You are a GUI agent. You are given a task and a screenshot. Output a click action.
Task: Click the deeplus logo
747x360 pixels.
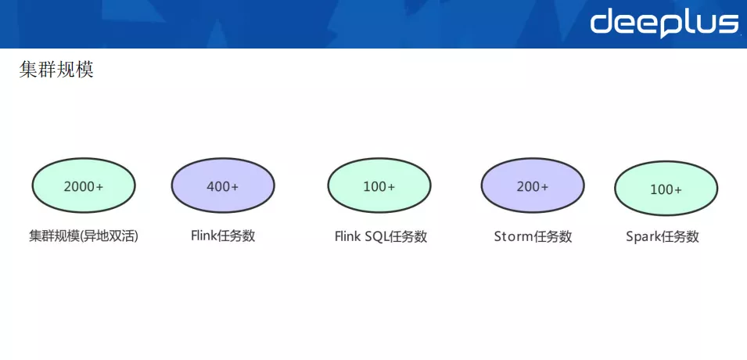(x=664, y=23)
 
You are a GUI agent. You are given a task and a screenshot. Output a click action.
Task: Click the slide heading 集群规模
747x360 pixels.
(x=56, y=70)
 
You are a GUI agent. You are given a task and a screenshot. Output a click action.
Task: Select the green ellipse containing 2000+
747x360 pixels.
(x=84, y=185)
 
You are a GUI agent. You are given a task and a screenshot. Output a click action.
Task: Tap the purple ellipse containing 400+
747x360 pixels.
(x=223, y=185)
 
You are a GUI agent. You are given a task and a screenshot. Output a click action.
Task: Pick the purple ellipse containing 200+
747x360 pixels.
(x=533, y=185)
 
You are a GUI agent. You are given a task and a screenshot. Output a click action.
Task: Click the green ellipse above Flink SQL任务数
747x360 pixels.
(x=379, y=185)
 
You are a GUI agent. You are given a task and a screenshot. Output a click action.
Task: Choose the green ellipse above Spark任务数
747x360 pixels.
(x=666, y=189)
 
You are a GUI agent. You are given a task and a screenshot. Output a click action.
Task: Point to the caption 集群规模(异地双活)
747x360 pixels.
(x=84, y=236)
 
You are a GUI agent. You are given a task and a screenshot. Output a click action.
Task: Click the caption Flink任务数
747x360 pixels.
(x=223, y=236)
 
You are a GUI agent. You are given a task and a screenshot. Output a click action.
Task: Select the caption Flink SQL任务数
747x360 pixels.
(x=381, y=236)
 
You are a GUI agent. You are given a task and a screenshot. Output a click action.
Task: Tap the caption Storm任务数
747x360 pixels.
(x=533, y=236)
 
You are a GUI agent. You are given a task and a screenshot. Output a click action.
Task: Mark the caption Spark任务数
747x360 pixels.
(x=663, y=237)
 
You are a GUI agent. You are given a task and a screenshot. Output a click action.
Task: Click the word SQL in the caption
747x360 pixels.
(x=376, y=236)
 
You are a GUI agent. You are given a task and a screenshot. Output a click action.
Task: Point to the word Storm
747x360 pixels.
(x=514, y=236)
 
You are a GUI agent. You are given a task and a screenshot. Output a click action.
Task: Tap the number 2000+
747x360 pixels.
(x=84, y=186)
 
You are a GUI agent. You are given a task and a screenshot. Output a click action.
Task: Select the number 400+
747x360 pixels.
(x=222, y=186)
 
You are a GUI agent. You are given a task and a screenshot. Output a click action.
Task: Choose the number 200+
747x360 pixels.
(x=533, y=186)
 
